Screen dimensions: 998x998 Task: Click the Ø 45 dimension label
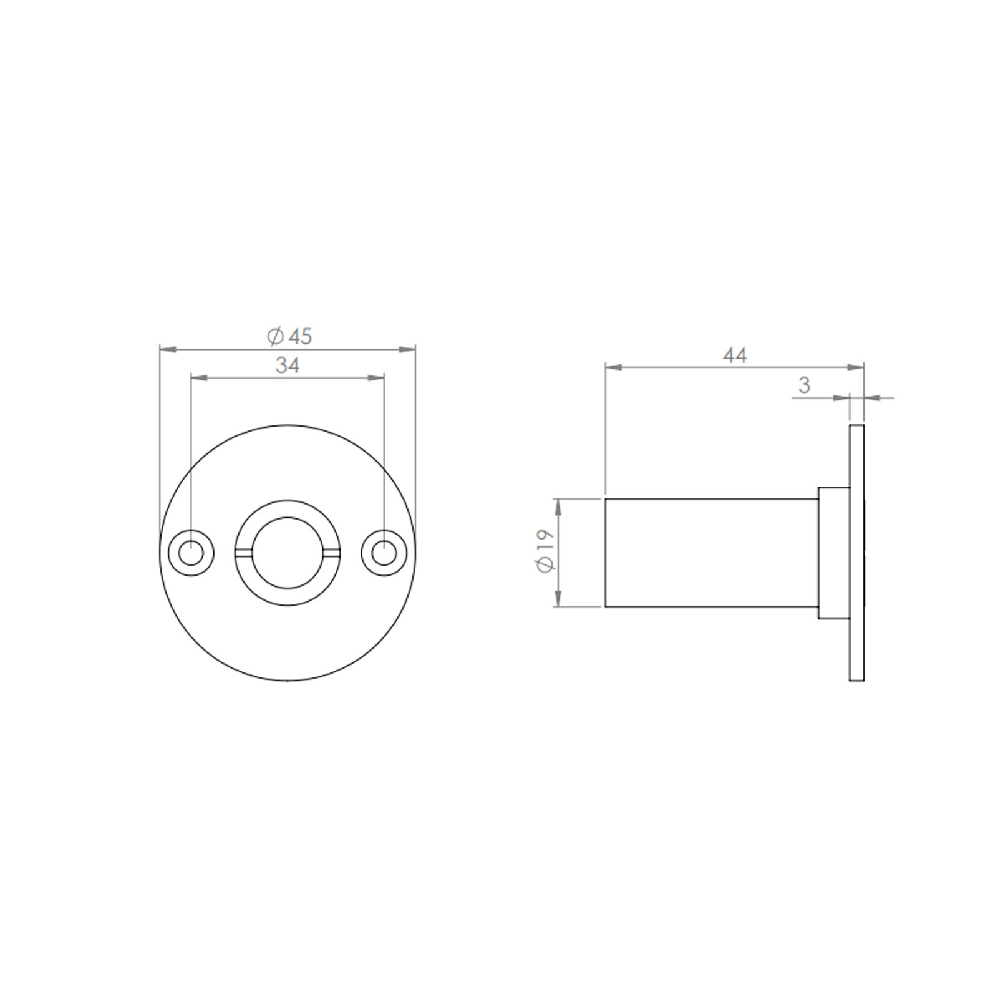[289, 337]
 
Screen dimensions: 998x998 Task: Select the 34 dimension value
[288, 366]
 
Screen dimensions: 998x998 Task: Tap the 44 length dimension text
[735, 356]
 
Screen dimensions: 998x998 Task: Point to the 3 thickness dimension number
[804, 385]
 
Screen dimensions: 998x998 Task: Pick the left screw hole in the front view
[191, 553]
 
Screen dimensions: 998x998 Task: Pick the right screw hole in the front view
[384, 553]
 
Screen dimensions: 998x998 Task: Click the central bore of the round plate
[288, 553]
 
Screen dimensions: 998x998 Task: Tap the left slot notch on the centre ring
[243, 552]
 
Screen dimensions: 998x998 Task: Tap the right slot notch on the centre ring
[332, 552]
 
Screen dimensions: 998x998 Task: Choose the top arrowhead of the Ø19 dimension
[558, 506]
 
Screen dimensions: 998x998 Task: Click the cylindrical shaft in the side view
[711, 553]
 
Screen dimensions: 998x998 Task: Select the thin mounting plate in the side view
[856, 553]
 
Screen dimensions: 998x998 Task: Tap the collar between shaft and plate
[833, 553]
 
